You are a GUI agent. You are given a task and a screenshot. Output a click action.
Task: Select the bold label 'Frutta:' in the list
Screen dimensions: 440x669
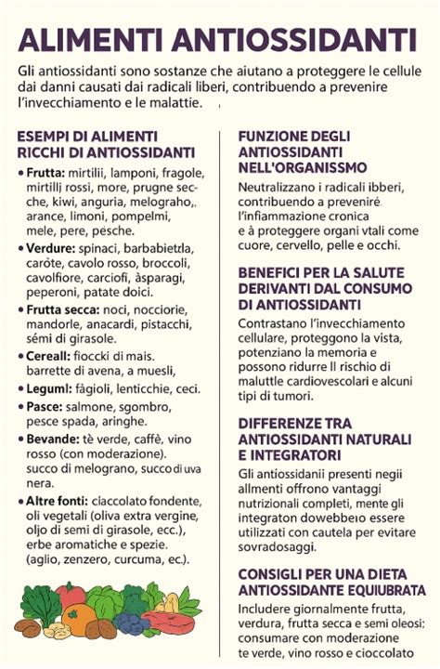tap(45, 173)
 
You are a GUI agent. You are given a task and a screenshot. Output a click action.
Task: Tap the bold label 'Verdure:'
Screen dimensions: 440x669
tap(50, 249)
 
